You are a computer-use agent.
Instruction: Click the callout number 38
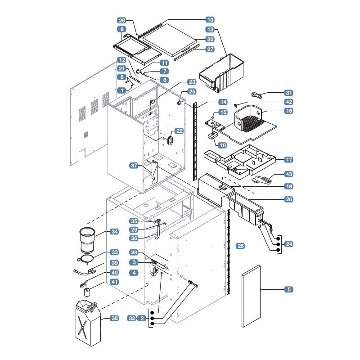tap(114, 318)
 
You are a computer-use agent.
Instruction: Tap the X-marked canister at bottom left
tap(88, 323)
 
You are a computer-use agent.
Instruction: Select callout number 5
tap(289, 289)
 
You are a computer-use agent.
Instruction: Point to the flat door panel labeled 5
tap(251, 296)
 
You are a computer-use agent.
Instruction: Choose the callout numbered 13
tap(210, 30)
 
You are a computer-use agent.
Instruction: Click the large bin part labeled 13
tap(221, 73)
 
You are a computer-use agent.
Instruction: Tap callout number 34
tap(114, 231)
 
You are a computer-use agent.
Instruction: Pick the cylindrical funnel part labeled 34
tap(87, 240)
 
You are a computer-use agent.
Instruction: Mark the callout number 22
tap(179, 131)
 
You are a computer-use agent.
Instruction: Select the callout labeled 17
tap(289, 160)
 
